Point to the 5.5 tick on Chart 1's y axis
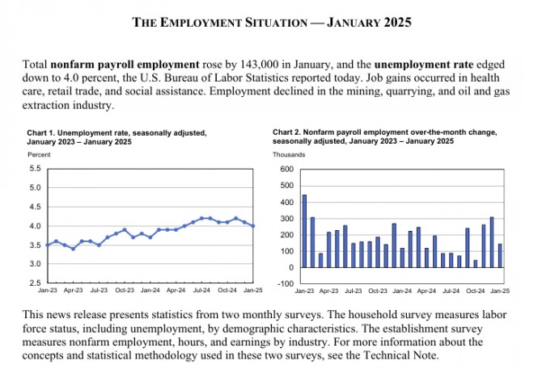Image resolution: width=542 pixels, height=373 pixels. coord(35,169)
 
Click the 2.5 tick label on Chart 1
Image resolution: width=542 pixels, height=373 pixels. coord(35,283)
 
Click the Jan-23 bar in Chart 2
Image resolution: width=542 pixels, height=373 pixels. coord(304,231)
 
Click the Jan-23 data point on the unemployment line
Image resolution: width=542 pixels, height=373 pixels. coord(48,245)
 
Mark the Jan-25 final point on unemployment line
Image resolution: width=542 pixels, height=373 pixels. coord(253,226)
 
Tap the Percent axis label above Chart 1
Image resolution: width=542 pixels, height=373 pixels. coord(39,153)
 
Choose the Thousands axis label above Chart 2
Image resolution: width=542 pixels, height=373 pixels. coord(289,153)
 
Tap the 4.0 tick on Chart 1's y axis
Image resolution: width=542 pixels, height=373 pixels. coord(35,226)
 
